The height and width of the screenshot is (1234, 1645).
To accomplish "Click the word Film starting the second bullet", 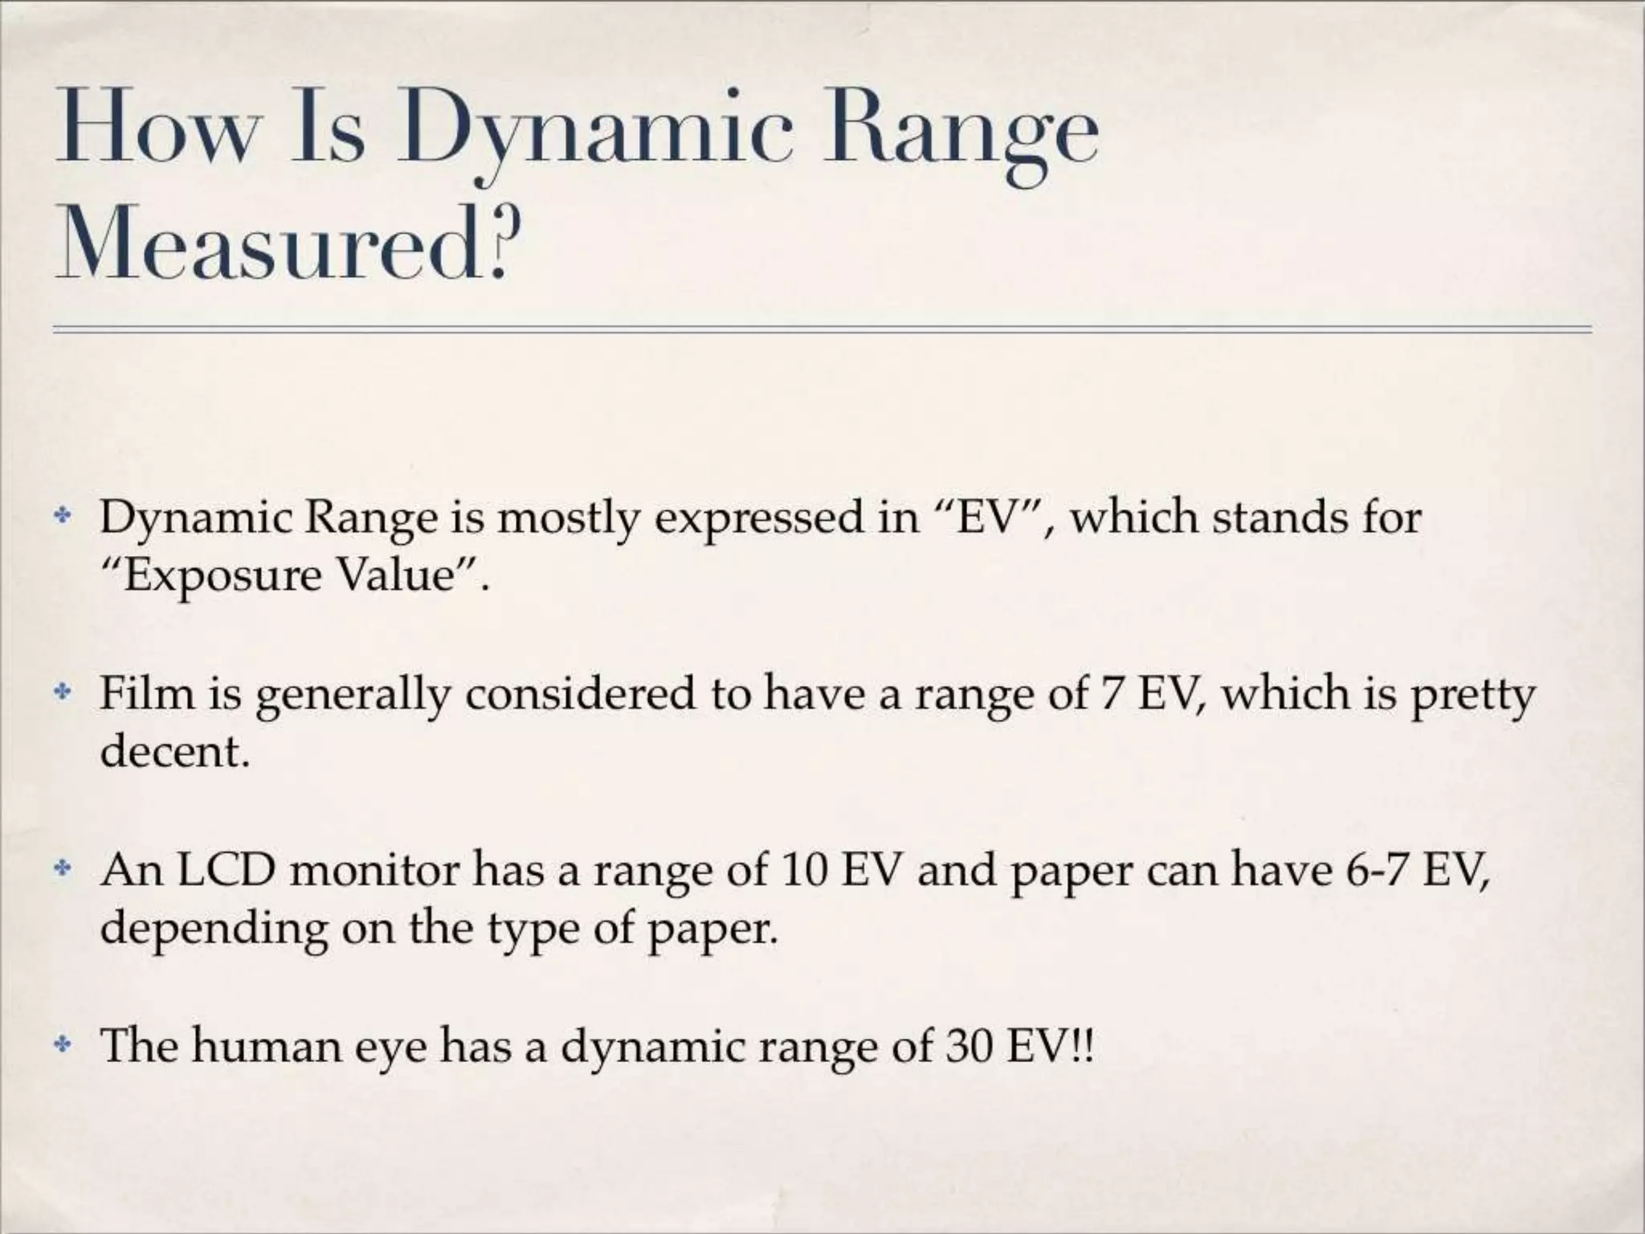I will point(147,693).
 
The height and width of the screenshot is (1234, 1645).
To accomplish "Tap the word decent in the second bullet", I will point(170,752).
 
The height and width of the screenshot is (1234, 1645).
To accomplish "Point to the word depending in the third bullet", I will point(214,930).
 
